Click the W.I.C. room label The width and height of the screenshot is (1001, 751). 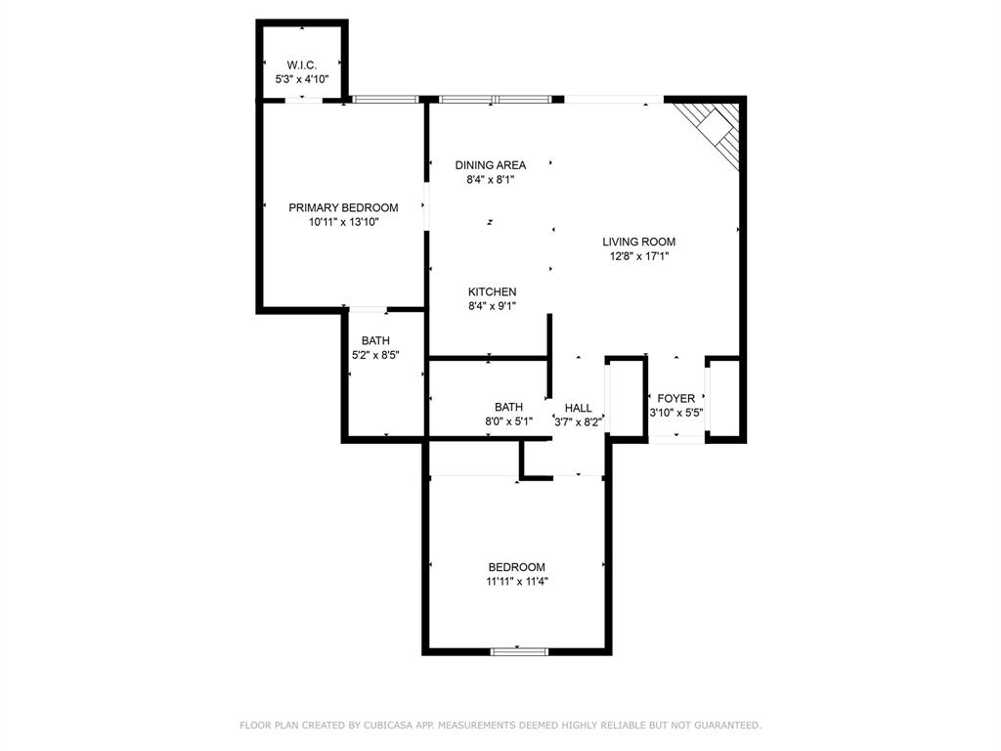point(301,65)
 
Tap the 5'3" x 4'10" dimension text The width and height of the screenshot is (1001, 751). point(301,79)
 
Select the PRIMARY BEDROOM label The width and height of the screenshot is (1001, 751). point(343,207)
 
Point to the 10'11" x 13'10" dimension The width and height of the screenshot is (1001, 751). point(343,222)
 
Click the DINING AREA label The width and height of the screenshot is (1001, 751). point(491,164)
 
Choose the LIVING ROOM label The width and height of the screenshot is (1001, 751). point(639,242)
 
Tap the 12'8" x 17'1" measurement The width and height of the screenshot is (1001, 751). point(639,256)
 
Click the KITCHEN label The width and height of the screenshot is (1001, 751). point(493,291)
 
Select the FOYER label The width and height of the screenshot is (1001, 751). point(676,398)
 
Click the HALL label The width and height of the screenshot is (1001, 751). point(579,408)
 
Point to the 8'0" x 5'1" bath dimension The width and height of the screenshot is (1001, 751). point(508,421)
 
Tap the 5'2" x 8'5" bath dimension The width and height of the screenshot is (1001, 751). point(375,355)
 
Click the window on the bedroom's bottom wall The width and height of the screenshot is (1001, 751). point(519,651)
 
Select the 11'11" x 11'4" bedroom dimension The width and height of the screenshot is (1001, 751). point(517,581)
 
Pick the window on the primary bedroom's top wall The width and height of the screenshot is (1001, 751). point(385,99)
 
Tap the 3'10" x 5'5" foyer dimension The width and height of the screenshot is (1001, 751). point(676,413)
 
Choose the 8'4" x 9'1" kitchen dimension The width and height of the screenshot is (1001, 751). point(493,306)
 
